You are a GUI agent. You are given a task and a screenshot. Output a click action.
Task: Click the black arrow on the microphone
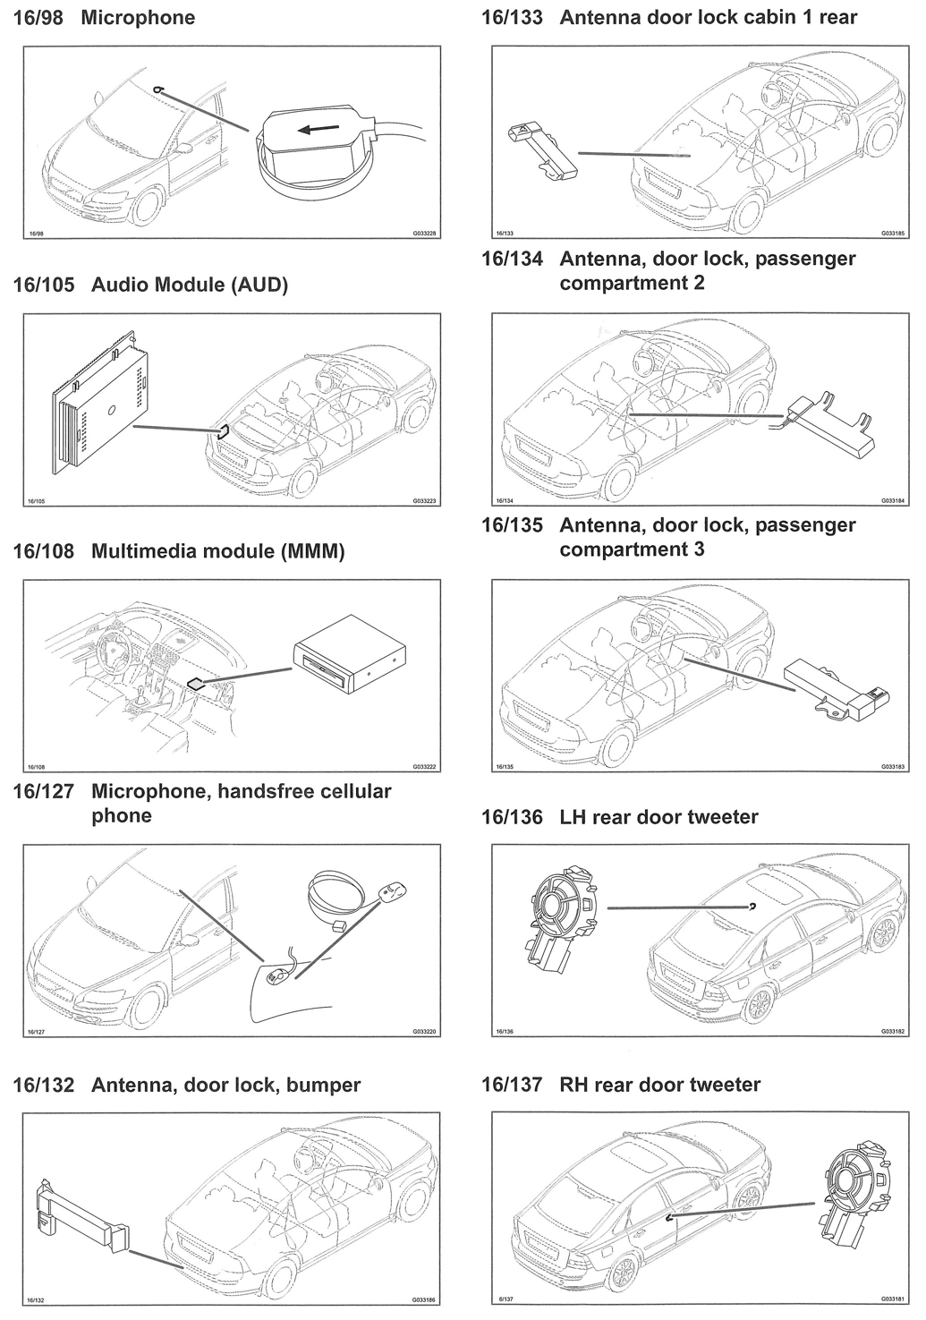click(x=317, y=128)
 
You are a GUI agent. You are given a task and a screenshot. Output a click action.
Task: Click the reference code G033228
click(x=424, y=234)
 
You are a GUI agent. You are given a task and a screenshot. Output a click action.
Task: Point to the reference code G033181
click(x=893, y=1299)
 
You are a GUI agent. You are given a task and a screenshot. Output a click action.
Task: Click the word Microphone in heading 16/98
click(x=138, y=18)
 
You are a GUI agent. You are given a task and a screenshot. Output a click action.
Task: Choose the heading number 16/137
click(x=512, y=1085)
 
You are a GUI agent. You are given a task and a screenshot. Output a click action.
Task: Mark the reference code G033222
click(x=424, y=767)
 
